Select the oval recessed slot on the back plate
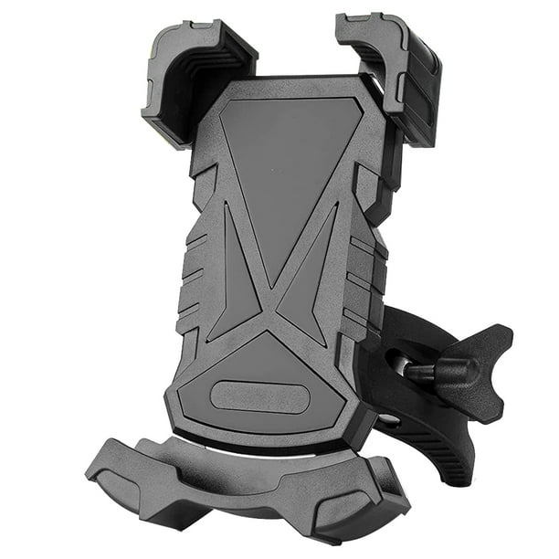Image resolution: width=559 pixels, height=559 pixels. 257,397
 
